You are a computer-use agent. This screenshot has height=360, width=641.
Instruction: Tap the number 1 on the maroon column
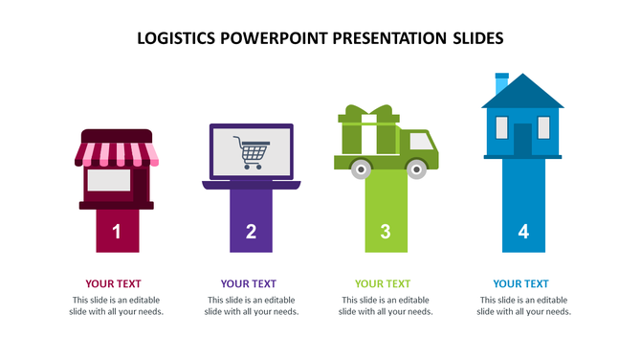point(117,231)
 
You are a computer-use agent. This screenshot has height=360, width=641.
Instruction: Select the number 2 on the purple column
point(252,231)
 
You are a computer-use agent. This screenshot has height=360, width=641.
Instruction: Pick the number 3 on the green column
point(386,231)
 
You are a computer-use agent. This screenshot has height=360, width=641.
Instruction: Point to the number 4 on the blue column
point(522,231)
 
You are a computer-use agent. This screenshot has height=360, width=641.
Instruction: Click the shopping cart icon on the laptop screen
point(252,152)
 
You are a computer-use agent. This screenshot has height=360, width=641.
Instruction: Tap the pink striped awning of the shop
point(116,152)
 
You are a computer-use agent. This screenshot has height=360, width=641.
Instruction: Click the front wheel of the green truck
point(416,169)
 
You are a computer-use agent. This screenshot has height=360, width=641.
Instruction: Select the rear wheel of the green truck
point(361,169)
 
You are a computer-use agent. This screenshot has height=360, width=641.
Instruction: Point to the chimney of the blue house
point(500,83)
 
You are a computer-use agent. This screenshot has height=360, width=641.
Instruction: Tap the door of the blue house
point(522,140)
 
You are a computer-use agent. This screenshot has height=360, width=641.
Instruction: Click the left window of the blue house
point(498,126)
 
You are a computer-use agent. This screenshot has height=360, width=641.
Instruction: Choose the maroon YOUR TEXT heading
point(113,283)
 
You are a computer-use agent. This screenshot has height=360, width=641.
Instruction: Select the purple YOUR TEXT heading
point(249,283)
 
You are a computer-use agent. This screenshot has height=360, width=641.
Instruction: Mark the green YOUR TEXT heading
point(383,283)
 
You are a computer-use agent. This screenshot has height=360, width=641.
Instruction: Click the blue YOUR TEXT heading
point(521,283)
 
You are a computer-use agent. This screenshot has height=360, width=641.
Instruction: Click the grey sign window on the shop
point(108,179)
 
